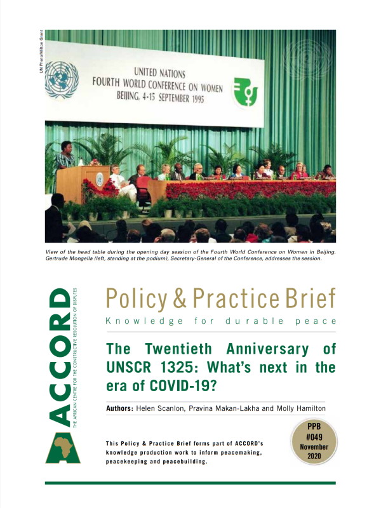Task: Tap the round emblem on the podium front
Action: pos(100,180)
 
